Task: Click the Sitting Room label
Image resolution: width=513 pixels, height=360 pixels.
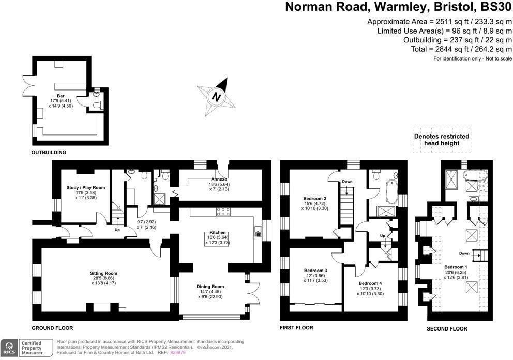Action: click(x=105, y=273)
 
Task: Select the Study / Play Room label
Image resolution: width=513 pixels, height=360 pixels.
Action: click(x=86, y=187)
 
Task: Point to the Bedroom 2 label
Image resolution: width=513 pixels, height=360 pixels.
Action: click(x=315, y=198)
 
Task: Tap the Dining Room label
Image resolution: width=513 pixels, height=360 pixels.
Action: click(x=210, y=286)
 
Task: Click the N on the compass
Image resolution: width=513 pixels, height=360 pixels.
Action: click(x=217, y=96)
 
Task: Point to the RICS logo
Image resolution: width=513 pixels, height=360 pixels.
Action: click(x=9, y=348)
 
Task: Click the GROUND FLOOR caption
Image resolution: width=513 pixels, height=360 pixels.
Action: click(x=52, y=328)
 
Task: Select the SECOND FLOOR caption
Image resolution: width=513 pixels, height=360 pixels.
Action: click(x=447, y=328)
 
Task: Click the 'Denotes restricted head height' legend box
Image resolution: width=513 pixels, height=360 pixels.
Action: click(x=442, y=140)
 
